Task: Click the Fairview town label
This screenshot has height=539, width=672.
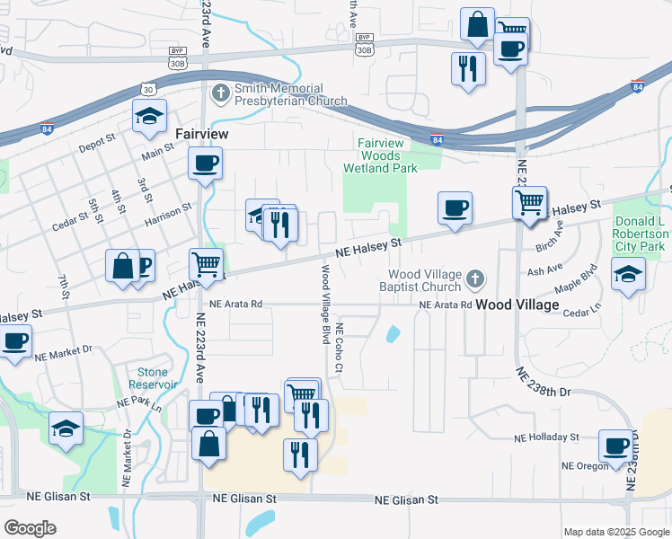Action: point(201,133)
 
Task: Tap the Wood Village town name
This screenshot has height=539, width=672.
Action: point(517,305)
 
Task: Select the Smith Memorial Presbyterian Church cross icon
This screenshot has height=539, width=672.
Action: point(221,93)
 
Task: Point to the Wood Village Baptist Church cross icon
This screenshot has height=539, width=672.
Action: point(475,281)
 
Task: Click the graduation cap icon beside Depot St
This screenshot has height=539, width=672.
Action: point(150,116)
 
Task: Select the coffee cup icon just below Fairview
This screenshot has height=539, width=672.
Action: point(206,163)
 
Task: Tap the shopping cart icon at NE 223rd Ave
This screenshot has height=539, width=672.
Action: point(207,265)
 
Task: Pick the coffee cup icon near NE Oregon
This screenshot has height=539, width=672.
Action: point(617,446)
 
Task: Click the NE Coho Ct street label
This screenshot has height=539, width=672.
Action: point(340,346)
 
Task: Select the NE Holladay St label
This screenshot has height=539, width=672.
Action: point(547,437)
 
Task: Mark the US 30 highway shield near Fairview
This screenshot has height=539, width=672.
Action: point(149,88)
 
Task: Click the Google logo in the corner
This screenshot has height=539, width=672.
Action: point(30,528)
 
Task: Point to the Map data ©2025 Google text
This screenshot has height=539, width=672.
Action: point(615,532)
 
